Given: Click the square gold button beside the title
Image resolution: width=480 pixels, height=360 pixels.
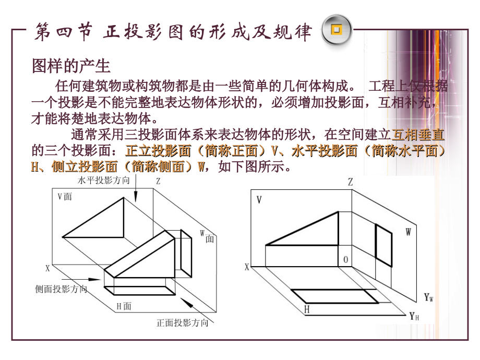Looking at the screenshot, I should coord(335,32).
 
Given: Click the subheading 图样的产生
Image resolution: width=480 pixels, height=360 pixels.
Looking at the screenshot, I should coord(71,66).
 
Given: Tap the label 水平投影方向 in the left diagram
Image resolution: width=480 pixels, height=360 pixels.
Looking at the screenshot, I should coord(102,181).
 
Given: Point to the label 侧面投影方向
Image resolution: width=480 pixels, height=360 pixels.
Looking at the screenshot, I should coord(61,289).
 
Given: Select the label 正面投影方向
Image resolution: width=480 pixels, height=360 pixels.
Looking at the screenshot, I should coord(182,322).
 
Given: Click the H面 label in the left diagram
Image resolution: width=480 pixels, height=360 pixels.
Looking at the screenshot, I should coord(124,306).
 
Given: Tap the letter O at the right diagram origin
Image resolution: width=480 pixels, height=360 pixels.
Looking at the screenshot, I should coord(345,259).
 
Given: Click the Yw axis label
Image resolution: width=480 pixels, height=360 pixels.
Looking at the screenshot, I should coord(429,298).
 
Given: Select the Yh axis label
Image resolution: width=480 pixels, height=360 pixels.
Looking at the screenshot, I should coord(415,316).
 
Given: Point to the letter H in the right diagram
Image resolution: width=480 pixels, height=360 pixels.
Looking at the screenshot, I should coord(307,310).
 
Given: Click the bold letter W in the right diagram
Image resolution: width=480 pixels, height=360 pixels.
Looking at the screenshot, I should coord(408,233).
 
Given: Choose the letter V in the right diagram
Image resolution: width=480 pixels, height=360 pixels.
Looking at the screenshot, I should coord(259,200).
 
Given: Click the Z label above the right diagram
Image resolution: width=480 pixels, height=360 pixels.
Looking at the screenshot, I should coord(351,182).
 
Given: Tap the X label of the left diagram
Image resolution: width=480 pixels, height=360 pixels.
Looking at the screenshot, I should coord(47,269).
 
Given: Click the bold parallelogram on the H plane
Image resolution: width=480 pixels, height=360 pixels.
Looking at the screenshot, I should coord(334,296).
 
